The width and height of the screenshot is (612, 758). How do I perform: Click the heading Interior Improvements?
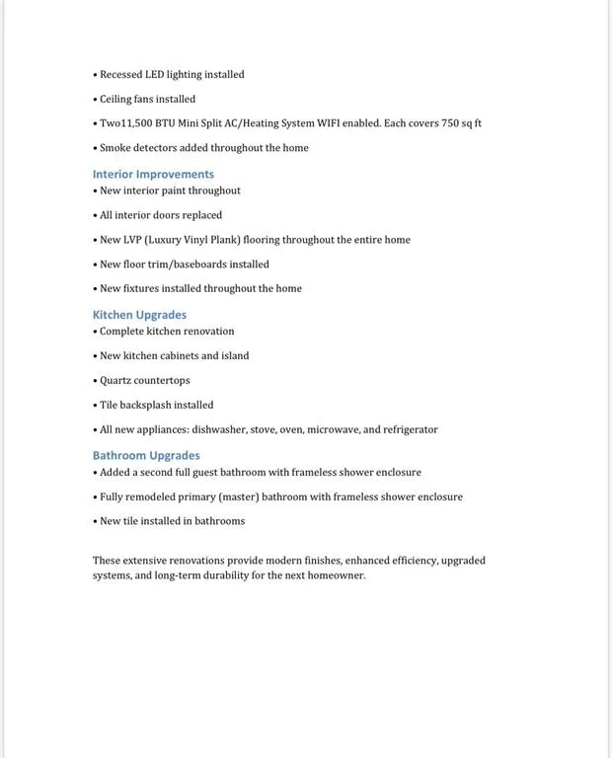click(x=153, y=175)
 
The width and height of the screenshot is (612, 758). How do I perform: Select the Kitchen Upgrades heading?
click(x=139, y=315)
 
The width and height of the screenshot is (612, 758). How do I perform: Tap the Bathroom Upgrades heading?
click(x=146, y=456)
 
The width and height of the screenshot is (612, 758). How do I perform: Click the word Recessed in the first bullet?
click(x=121, y=75)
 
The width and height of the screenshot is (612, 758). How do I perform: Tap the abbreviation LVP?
click(x=132, y=240)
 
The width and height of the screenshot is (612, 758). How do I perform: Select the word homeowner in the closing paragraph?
click(x=336, y=575)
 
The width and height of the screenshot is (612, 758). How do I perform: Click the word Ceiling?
click(x=115, y=100)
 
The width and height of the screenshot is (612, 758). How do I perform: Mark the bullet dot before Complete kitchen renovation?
click(x=96, y=332)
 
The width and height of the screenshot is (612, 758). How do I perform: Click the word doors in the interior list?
click(x=166, y=215)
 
